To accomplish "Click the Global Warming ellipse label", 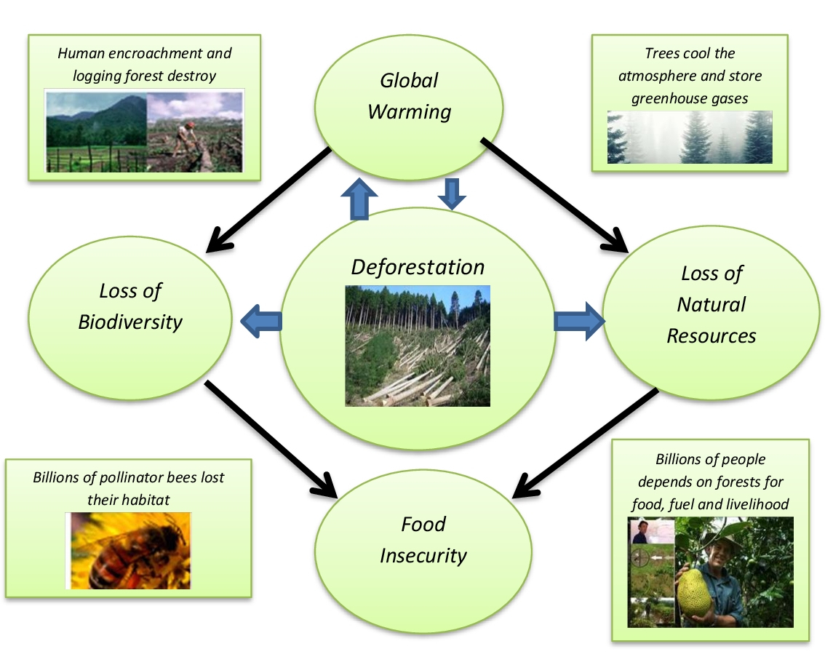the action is click(410, 96).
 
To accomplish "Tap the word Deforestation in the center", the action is click(418, 267).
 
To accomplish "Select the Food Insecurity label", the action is click(423, 540).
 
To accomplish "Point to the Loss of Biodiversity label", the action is click(130, 306).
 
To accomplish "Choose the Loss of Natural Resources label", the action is click(712, 305).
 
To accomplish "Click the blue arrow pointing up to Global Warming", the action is click(359, 199).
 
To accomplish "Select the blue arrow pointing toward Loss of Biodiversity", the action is click(261, 321).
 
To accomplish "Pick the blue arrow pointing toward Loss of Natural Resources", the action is click(579, 321).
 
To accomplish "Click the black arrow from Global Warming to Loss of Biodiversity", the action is click(268, 199).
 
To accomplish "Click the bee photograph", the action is click(128, 551).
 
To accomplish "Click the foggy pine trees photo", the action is click(690, 137).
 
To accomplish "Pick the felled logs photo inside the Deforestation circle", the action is click(418, 346).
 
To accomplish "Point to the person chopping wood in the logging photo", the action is click(186, 140).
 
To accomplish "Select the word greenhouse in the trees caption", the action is click(664, 99).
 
